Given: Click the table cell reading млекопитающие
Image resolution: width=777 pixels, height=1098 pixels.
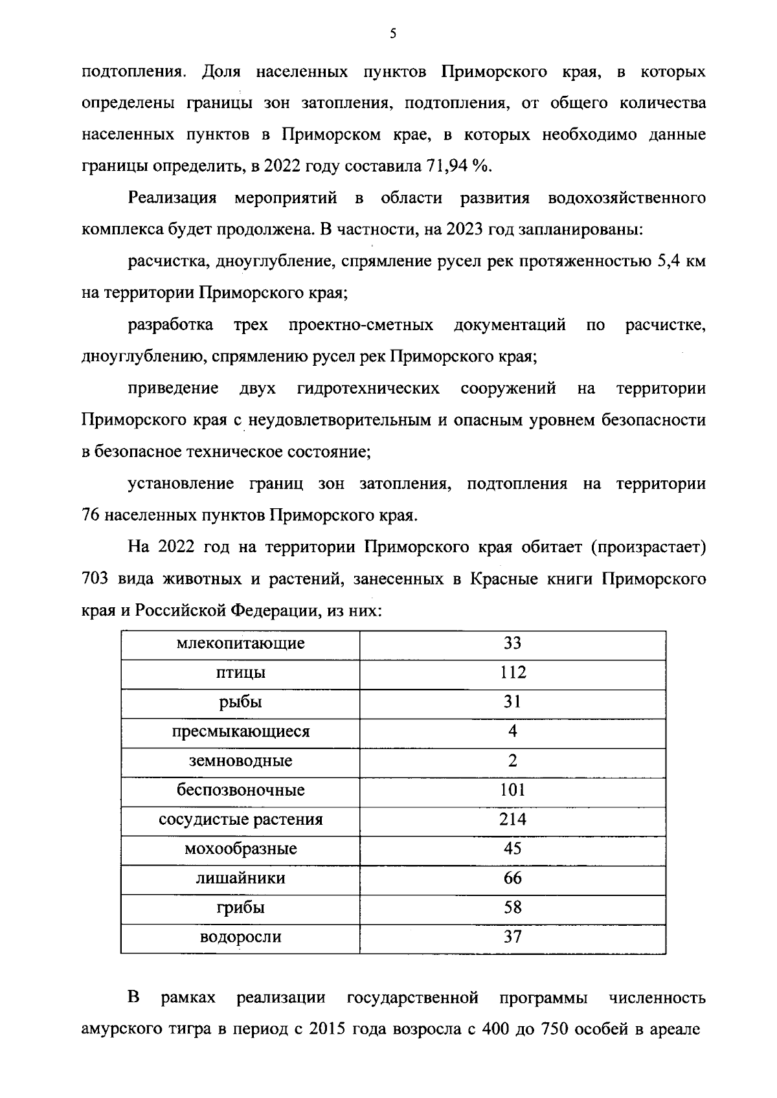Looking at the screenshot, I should pyautogui.click(x=240, y=644).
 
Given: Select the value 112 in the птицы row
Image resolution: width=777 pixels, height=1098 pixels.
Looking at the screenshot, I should pyautogui.click(x=512, y=673).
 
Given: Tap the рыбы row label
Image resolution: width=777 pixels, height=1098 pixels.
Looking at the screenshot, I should pyautogui.click(x=240, y=702).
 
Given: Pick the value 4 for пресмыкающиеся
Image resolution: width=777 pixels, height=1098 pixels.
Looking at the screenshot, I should pyautogui.click(x=512, y=732).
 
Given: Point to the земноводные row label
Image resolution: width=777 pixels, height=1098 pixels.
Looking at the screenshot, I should pyautogui.click(x=240, y=761).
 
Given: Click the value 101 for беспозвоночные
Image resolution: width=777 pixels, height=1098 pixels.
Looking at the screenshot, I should pyautogui.click(x=512, y=790).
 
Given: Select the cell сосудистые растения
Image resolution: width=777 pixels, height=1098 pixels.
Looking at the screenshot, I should pyautogui.click(x=240, y=820).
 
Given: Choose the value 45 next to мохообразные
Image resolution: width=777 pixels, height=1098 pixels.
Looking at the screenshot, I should pyautogui.click(x=512, y=849).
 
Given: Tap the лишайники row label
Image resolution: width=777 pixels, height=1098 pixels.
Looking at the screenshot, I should pyautogui.click(x=240, y=879).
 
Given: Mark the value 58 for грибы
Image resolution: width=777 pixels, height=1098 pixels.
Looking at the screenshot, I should pyautogui.click(x=512, y=908).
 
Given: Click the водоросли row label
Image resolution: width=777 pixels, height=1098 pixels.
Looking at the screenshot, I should pyautogui.click(x=240, y=937).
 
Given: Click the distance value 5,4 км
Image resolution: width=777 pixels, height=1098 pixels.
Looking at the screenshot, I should pyautogui.click(x=681, y=262).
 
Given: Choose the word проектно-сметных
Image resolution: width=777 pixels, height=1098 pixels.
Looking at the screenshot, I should pyautogui.click(x=361, y=324).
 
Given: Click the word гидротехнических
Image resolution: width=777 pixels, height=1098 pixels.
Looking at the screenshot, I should pyautogui.click(x=368, y=388).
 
